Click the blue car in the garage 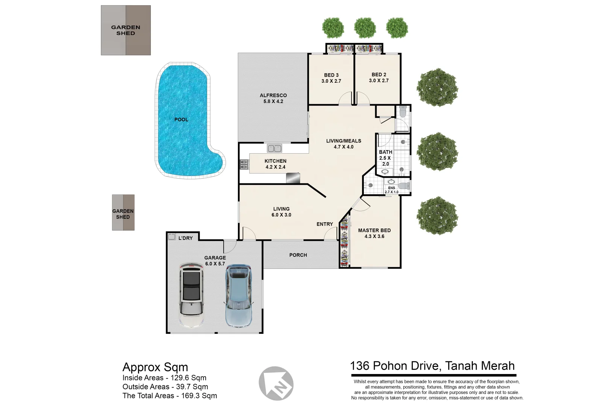click(238, 295)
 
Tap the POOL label click(181, 120)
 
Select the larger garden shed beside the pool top click(126, 30)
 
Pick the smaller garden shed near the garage click(123, 212)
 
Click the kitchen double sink click(274, 148)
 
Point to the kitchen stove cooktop click(244, 164)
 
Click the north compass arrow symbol click(276, 384)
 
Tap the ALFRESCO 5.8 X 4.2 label click(273, 98)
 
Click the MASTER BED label click(374, 230)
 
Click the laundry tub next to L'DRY click(172, 237)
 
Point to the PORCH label click(298, 255)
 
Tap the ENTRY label click(324, 224)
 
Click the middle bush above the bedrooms click(365, 27)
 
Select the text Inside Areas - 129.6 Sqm click(164, 378)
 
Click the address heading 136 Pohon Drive click(432, 366)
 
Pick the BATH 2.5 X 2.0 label click(385, 158)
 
